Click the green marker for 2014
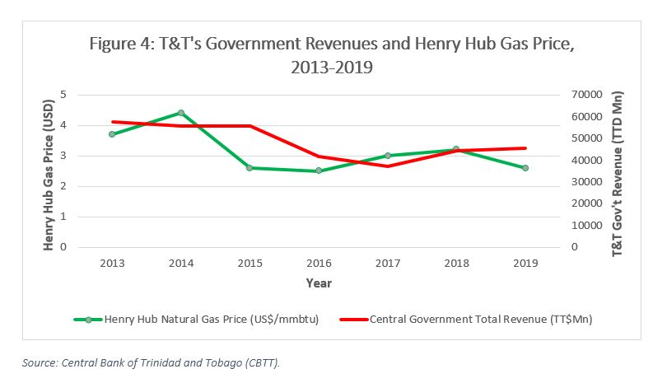pyautogui.click(x=180, y=113)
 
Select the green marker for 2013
pyautogui.click(x=111, y=134)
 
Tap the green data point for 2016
pyautogui.click(x=318, y=171)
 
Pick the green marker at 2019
pyautogui.click(x=525, y=168)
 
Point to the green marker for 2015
pyautogui.click(x=250, y=168)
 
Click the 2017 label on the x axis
pyautogui.click(x=387, y=264)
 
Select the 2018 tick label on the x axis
pyautogui.click(x=455, y=264)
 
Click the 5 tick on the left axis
pyautogui.click(x=85, y=96)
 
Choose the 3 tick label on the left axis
pyautogui.click(x=85, y=156)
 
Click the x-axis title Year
pyautogui.click(x=318, y=283)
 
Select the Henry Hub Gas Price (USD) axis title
pyautogui.click(x=49, y=171)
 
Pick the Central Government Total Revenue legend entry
pyautogui.click(x=481, y=318)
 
